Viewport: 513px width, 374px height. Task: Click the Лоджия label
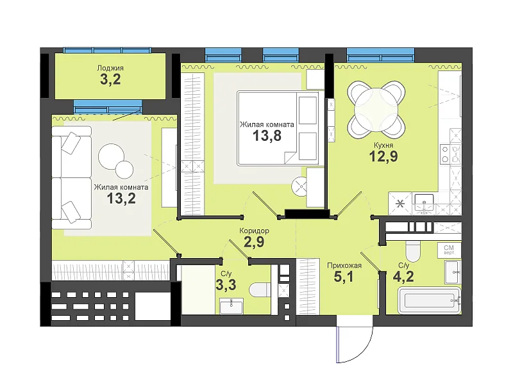(110, 68)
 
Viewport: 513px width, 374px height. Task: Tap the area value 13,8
(267, 135)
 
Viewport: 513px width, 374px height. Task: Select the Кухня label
(383, 145)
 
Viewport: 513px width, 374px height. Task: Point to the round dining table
(376, 110)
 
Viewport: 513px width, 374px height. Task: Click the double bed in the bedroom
(278, 128)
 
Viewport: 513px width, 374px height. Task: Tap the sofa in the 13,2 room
(71, 177)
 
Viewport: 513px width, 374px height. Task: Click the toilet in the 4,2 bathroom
(412, 252)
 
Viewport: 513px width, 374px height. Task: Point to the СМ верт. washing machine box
(449, 250)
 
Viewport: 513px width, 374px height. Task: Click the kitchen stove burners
(445, 154)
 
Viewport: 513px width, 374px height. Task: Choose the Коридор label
(254, 231)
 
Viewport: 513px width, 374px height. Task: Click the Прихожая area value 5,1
(344, 277)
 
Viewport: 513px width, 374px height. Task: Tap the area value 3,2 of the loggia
(110, 79)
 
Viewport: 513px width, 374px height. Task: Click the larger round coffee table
(111, 157)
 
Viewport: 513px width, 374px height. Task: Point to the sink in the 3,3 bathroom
(231, 306)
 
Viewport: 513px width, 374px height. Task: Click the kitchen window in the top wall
(380, 54)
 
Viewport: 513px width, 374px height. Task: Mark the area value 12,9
(383, 156)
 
